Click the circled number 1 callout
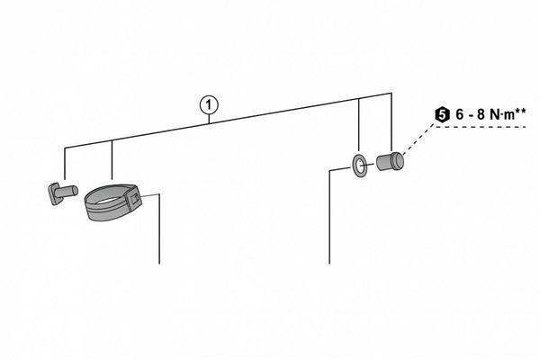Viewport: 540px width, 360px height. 209,104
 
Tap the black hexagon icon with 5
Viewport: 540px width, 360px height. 441,115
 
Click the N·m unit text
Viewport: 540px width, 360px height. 503,115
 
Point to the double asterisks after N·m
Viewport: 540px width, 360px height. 523,112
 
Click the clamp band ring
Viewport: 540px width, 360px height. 108,203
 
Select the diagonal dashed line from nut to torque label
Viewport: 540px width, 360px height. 418,143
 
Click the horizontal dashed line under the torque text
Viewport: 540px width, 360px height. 486,128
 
